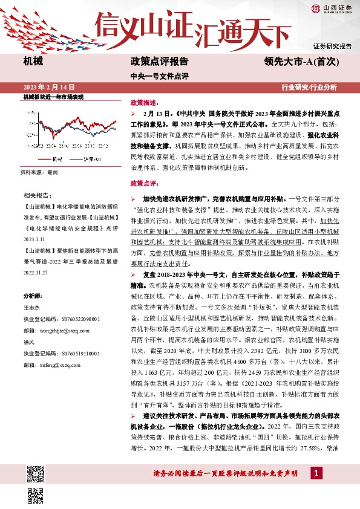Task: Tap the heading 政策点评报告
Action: click(159, 61)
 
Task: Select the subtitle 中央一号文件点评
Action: click(160, 76)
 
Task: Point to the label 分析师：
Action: click(34, 296)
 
